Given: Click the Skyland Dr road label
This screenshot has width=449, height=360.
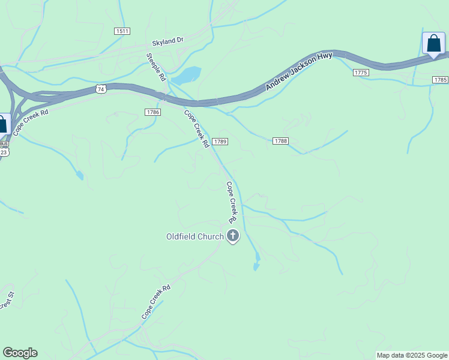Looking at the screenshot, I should pyautogui.click(x=167, y=41).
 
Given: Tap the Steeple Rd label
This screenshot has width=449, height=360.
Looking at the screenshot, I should pyautogui.click(x=155, y=67).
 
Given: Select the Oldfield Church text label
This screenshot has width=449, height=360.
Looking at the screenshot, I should pyautogui.click(x=194, y=236).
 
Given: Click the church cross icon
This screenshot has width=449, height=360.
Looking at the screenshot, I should pyautogui.click(x=232, y=236).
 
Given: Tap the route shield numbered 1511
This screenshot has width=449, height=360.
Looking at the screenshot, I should pyautogui.click(x=122, y=31).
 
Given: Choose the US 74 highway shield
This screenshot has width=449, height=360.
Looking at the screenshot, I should pyautogui.click(x=101, y=89).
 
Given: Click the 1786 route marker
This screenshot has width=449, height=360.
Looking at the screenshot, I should pyautogui.click(x=152, y=112).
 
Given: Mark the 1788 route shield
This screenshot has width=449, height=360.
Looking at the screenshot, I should pyautogui.click(x=280, y=141).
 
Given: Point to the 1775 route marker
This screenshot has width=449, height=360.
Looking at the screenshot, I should pyautogui.click(x=360, y=73).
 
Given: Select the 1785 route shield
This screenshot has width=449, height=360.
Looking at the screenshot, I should pyautogui.click(x=440, y=79).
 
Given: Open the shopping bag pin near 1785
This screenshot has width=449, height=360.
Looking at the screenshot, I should pyautogui.click(x=433, y=44).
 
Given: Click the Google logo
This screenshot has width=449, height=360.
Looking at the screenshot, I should pyautogui.click(x=20, y=353).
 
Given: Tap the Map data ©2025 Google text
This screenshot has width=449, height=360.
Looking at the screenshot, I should pyautogui.click(x=412, y=355).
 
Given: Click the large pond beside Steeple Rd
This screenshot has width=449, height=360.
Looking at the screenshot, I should pyautogui.click(x=186, y=76).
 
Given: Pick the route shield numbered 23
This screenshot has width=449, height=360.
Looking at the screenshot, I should pyautogui.click(x=4, y=152).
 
